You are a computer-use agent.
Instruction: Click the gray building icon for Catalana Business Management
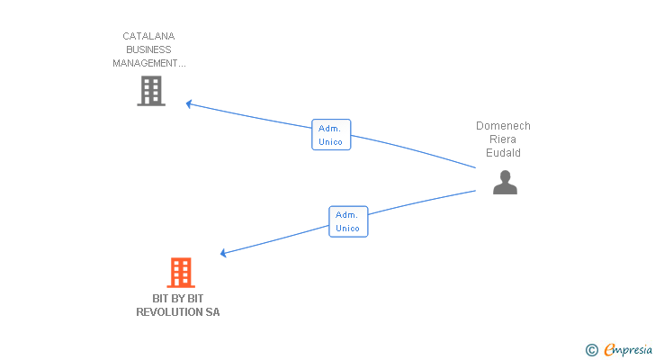pos(151,91)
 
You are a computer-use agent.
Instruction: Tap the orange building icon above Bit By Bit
pos(181,273)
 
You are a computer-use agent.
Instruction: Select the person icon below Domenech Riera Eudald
pos(505,183)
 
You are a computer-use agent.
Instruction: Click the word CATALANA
pos(148,37)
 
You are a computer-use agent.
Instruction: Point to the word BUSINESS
pos(148,50)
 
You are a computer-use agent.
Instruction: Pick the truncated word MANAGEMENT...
pos(148,64)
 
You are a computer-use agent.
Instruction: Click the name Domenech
pos(503,126)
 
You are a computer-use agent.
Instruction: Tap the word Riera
pos(503,139)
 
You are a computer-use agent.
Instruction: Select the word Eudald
pos(503,153)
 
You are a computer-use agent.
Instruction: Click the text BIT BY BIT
pos(177,299)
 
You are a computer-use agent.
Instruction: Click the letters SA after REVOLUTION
pos(211,312)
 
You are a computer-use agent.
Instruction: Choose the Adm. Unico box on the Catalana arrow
pos(330,135)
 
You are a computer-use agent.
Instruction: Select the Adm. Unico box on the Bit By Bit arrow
pos(347,221)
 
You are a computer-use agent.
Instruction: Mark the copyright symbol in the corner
pos(591,350)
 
